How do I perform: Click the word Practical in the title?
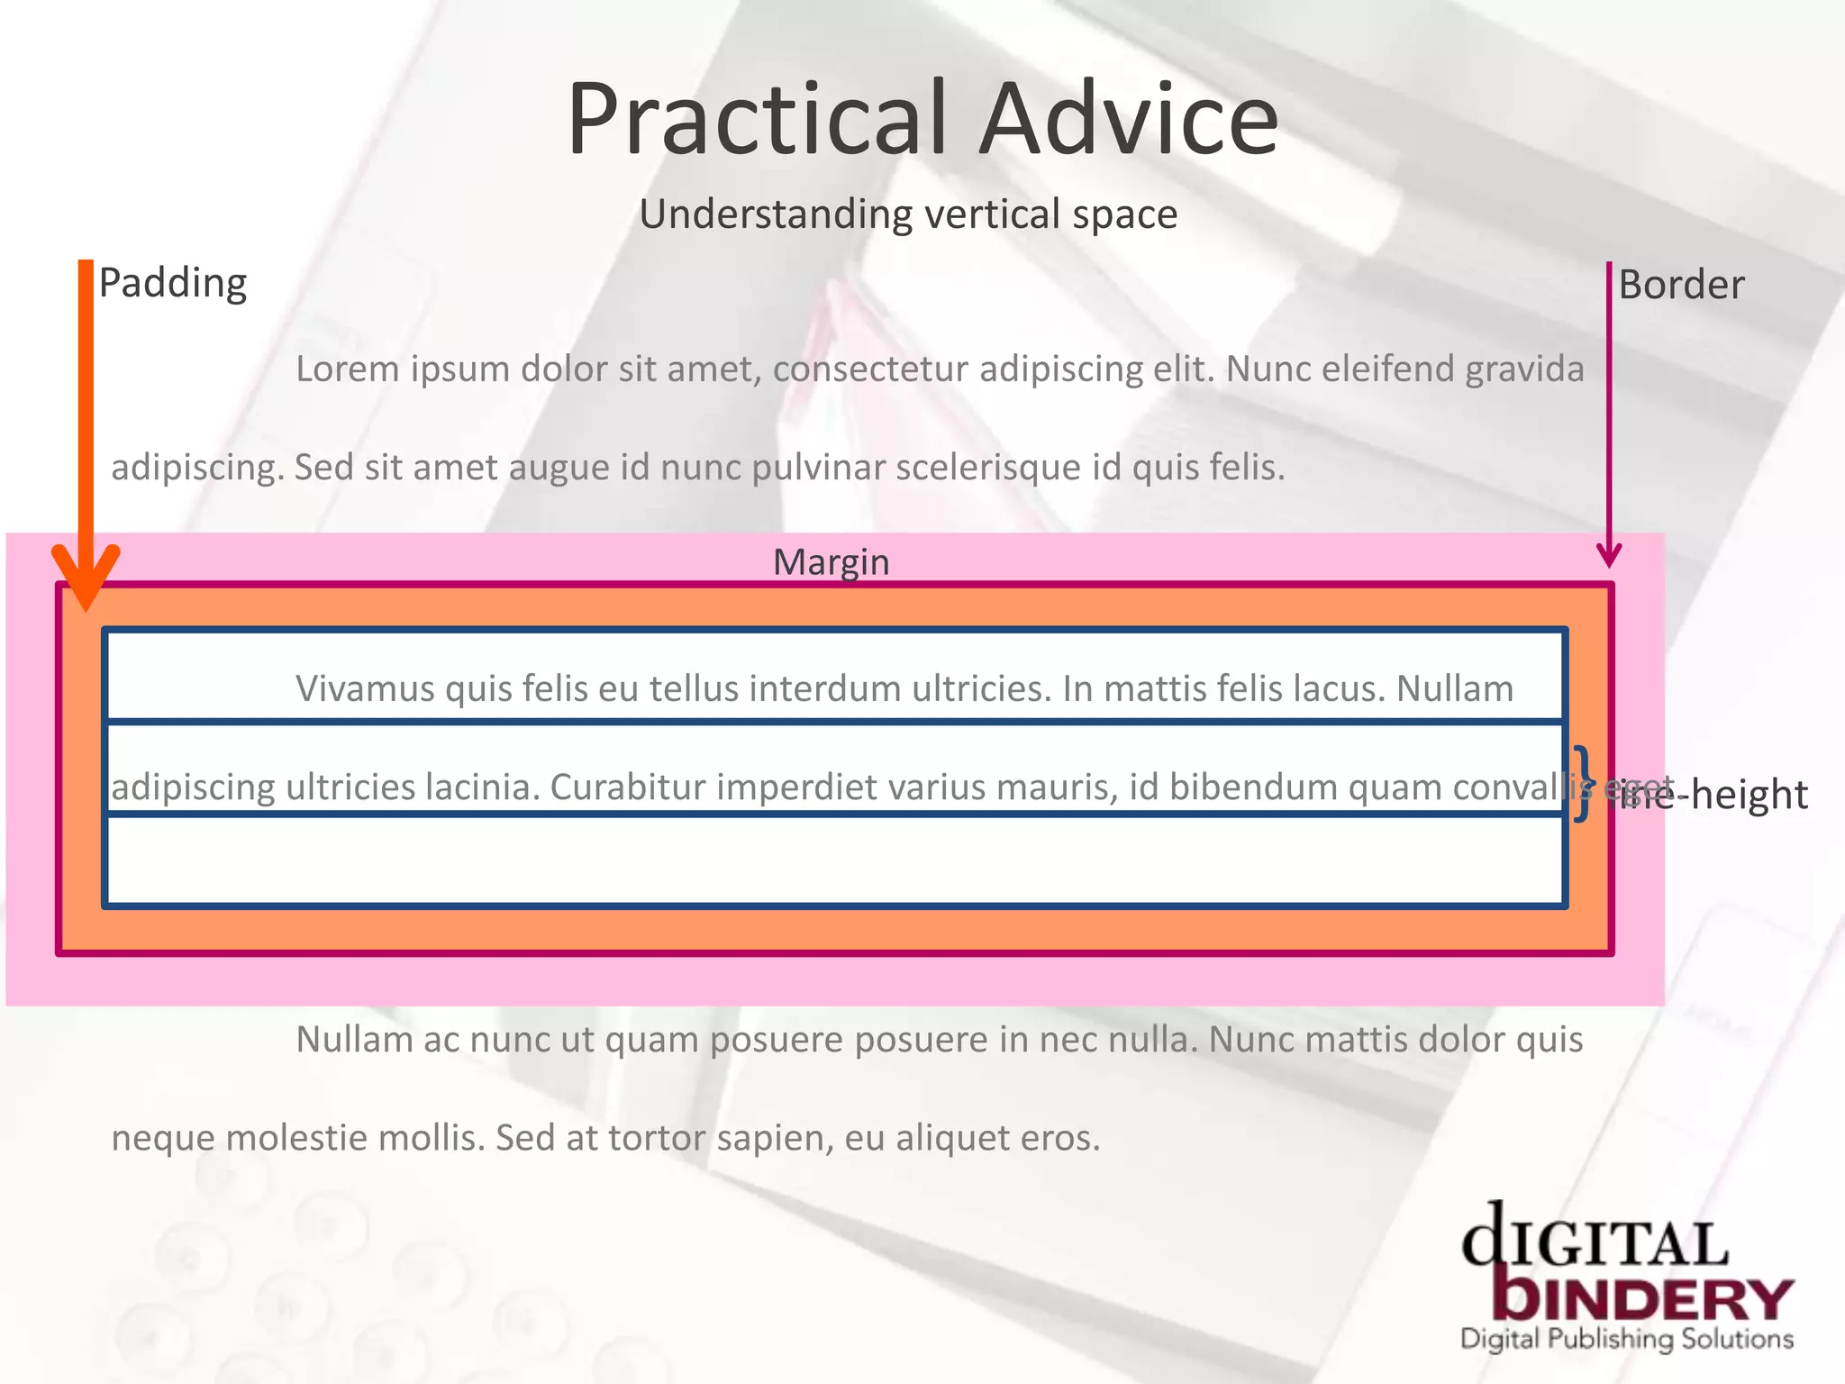point(757,120)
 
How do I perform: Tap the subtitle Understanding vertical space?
point(908,214)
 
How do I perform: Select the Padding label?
point(172,283)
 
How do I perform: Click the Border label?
point(1681,285)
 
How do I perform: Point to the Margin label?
point(831,562)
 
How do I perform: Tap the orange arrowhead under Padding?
point(86,577)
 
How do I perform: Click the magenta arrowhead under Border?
point(1609,555)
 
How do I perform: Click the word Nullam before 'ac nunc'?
point(353,1040)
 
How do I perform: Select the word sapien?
point(774,1138)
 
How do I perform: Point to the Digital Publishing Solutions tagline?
point(1627,1339)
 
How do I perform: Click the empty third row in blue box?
point(834,860)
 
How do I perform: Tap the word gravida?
point(1524,369)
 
